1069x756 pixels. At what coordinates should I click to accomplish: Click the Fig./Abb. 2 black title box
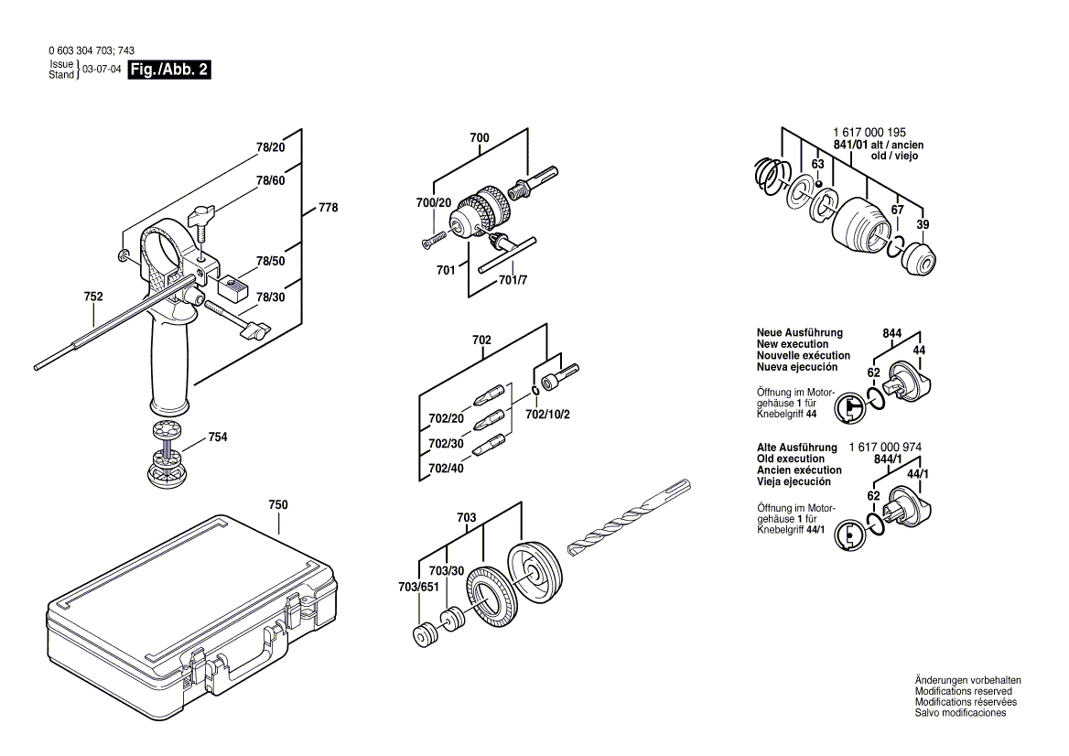(170, 70)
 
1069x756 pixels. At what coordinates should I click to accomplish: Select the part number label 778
(328, 208)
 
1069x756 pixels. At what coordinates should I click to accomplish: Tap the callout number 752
(92, 297)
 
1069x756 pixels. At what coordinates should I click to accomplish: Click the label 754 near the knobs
(218, 437)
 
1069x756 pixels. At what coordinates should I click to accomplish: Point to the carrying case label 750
(278, 505)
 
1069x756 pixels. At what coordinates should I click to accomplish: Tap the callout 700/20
(434, 203)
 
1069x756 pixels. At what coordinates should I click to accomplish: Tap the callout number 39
(923, 226)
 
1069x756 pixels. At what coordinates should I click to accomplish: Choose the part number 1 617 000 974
(885, 447)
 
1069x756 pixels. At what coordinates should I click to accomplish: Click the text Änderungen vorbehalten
(967, 680)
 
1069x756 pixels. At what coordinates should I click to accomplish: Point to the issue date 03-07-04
(102, 70)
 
